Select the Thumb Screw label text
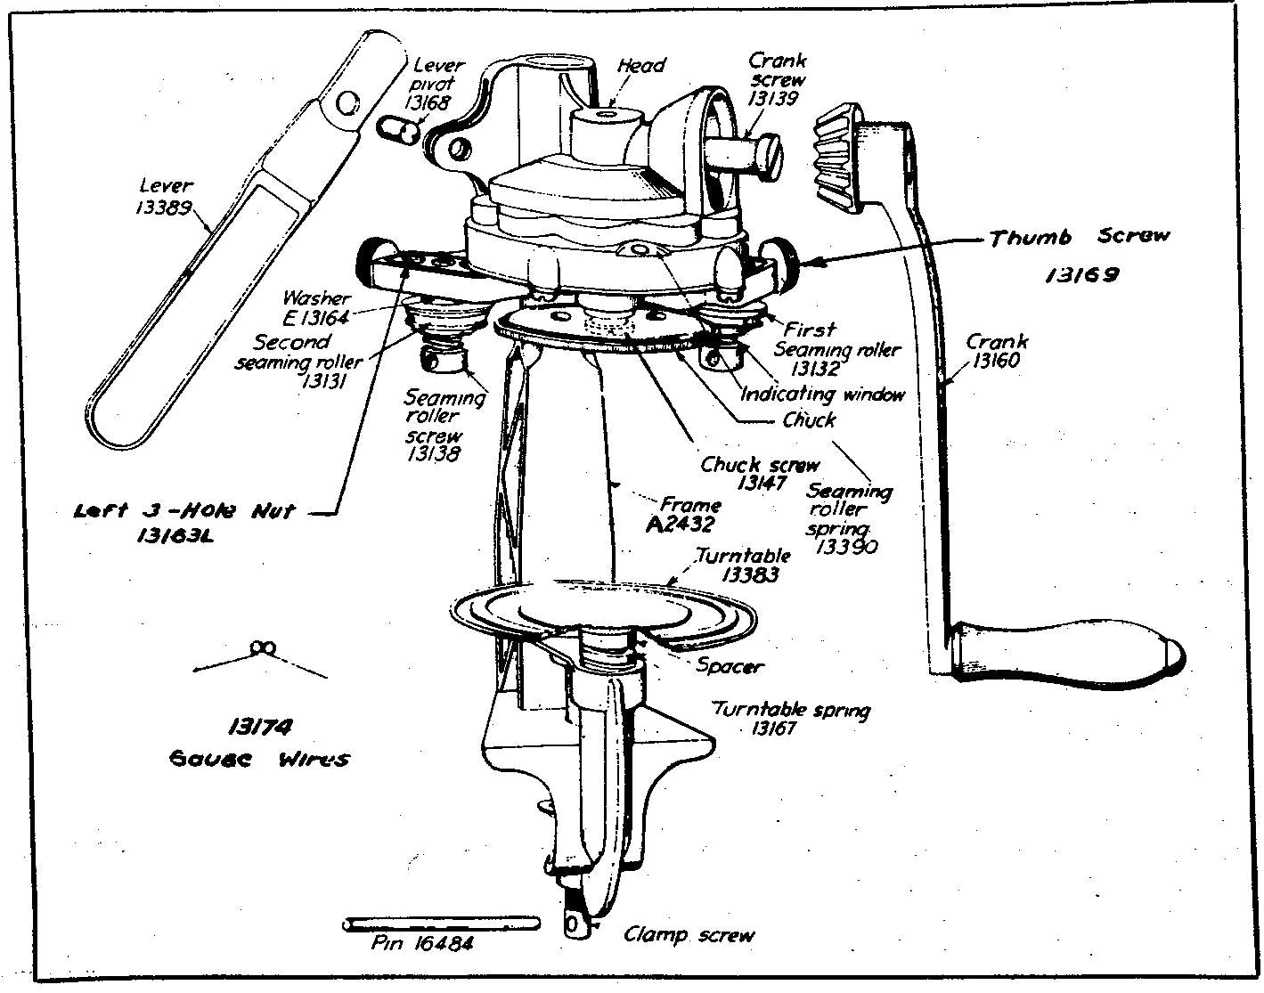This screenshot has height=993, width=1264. pyautogui.click(x=1079, y=237)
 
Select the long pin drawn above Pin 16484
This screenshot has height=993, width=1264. pyautogui.click(x=440, y=924)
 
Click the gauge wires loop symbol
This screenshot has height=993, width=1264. pyautogui.click(x=260, y=647)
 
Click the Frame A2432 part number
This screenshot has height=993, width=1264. pyautogui.click(x=681, y=524)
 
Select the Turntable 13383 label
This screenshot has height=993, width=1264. pyautogui.click(x=744, y=566)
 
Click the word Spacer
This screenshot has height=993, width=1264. pyautogui.click(x=730, y=665)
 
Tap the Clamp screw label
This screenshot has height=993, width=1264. pyautogui.click(x=689, y=935)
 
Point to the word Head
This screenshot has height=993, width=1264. pyautogui.click(x=640, y=65)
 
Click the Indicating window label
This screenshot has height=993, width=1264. pyautogui.click(x=822, y=394)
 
